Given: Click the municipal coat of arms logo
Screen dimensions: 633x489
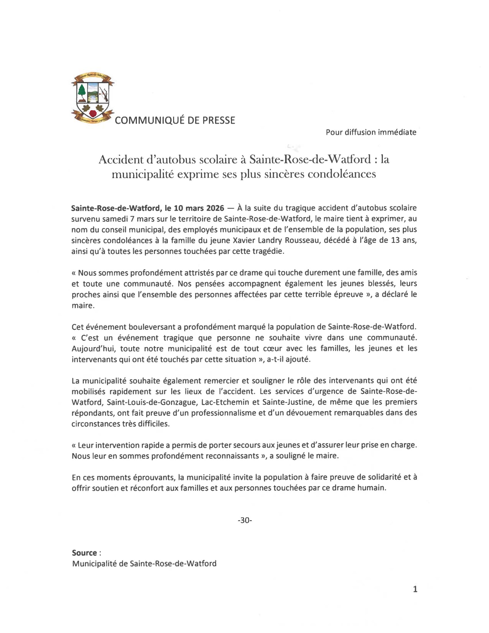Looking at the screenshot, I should (x=92, y=98).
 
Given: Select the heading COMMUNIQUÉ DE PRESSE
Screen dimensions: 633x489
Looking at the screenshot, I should (x=175, y=120).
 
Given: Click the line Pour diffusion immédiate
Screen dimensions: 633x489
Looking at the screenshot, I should (x=371, y=132).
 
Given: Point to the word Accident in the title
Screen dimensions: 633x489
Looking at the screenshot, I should (x=121, y=159).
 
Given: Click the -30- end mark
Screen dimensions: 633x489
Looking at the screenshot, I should (x=245, y=520).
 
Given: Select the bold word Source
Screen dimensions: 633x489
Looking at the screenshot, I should (x=84, y=553).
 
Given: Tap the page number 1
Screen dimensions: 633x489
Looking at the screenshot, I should (x=415, y=589).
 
